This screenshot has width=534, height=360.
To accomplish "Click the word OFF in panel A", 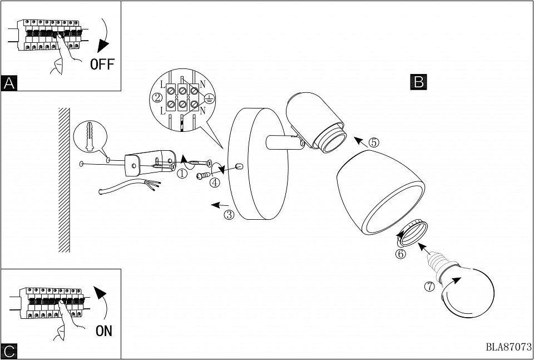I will coord(102,64).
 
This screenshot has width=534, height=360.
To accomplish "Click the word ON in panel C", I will coord(103,331).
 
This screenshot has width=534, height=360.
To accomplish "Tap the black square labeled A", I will coord(9,83).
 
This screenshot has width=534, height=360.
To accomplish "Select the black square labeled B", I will coord(419,82).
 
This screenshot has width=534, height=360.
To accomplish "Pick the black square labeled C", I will coord(9,351).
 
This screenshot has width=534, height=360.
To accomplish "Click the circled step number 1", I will coord(182,173).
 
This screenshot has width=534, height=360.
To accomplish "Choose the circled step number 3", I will coord(229,215).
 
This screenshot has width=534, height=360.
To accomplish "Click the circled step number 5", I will coord(374,142).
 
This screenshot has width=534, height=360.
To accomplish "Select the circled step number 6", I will coord(400,254).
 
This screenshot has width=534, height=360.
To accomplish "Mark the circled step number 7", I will coord(429,287).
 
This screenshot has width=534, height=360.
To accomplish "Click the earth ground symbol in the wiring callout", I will coord(209,98).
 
